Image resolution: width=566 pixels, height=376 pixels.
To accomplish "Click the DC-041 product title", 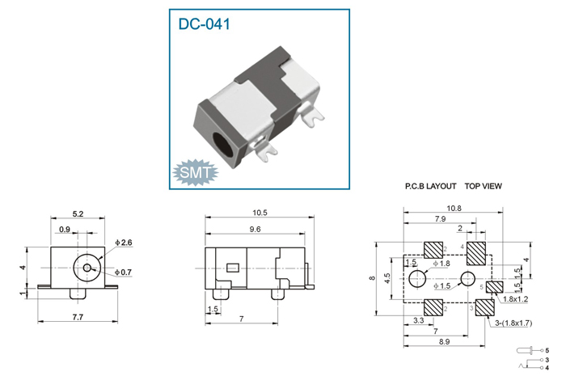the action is click(205, 23).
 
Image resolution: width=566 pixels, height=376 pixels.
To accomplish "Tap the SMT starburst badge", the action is click(196, 172).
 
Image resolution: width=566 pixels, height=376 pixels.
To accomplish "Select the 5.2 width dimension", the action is click(78, 213).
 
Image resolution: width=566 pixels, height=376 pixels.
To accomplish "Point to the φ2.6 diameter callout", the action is click(124, 243).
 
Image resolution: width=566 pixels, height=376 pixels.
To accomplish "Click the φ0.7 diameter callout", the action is click(123, 272).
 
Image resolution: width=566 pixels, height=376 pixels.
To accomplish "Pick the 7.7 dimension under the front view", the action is click(78, 317).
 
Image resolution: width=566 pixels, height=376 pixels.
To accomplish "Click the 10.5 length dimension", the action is click(260, 213).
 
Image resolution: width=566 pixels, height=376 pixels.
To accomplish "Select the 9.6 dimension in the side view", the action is click(255, 229).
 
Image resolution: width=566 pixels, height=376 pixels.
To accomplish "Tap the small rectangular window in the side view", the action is click(233, 268).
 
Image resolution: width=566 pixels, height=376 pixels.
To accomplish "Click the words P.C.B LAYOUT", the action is click(431, 186).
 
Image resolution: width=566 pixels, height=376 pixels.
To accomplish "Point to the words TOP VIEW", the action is click(484, 186).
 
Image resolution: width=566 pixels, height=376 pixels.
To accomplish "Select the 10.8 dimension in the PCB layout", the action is click(454, 208).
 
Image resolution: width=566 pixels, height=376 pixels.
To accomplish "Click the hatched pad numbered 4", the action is click(476, 253).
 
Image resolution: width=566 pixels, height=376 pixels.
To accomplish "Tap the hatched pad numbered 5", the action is click(495, 287).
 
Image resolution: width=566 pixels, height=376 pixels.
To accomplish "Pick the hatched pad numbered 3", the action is click(485, 307).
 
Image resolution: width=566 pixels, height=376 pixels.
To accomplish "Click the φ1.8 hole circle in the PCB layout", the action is click(417, 279).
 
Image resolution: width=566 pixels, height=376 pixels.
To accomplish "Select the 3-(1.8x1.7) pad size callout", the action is click(513, 323).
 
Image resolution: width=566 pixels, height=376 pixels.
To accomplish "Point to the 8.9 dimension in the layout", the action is click(445, 341).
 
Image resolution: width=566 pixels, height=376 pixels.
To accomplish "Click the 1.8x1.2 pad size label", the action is click(515, 299).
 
